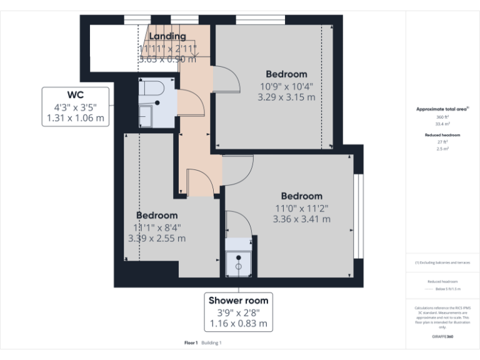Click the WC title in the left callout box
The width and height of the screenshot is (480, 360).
[76, 95]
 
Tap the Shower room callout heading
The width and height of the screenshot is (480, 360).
[238, 301]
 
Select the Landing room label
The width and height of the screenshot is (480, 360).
[167, 37]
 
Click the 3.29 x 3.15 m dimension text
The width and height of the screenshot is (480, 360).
[286, 97]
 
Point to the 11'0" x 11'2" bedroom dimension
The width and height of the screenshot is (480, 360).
[302, 208]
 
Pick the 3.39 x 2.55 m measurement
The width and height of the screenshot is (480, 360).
[157, 238]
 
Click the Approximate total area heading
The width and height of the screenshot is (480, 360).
[442, 109]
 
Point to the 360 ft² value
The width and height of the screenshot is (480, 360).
[442, 117]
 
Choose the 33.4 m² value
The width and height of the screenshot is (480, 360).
[442, 124]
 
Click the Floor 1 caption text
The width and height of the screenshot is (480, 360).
[191, 343]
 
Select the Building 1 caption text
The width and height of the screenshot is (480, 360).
[211, 343]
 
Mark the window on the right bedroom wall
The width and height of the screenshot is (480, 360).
[358, 216]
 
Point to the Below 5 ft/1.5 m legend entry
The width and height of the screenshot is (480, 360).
[447, 289]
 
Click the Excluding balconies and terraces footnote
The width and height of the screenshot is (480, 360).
[442, 262]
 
